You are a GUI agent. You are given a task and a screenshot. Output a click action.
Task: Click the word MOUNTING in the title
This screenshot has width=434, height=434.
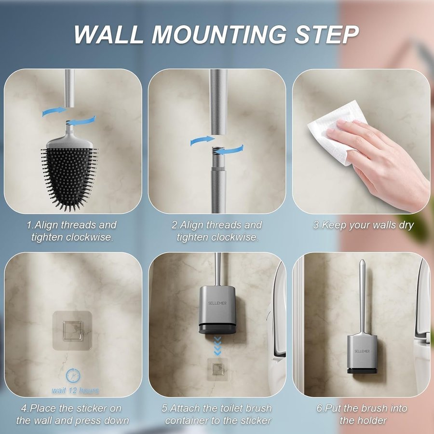point(218,35)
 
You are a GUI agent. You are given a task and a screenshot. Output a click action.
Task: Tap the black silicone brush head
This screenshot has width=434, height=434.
point(69,177)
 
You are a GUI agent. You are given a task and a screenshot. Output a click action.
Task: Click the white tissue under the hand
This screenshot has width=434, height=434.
point(336,133)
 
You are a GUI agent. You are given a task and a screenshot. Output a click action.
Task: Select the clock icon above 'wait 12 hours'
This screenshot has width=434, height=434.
point(73,376)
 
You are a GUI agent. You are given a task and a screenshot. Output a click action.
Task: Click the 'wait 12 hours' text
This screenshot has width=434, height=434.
point(75,390)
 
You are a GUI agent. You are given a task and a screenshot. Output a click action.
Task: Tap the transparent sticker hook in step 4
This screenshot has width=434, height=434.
point(72,330)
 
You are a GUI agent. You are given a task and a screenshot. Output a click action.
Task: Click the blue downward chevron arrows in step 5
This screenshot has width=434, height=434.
point(217,346)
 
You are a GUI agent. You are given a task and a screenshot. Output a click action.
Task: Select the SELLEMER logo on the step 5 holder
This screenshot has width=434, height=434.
point(217,303)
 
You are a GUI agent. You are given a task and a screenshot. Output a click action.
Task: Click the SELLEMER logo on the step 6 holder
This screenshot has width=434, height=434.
point(362,351)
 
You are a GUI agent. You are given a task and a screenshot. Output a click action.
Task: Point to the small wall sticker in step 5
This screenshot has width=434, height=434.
point(218,369)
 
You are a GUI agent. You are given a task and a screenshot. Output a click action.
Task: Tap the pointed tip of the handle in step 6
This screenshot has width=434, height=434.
point(362,260)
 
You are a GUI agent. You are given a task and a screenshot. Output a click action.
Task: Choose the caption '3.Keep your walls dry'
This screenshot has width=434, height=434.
point(363,225)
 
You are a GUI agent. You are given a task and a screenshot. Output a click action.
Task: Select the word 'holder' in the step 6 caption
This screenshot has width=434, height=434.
point(371,420)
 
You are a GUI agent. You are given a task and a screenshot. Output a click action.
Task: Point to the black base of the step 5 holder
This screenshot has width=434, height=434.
point(217,328)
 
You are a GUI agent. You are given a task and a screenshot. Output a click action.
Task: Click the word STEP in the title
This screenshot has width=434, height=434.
point(326,35)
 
